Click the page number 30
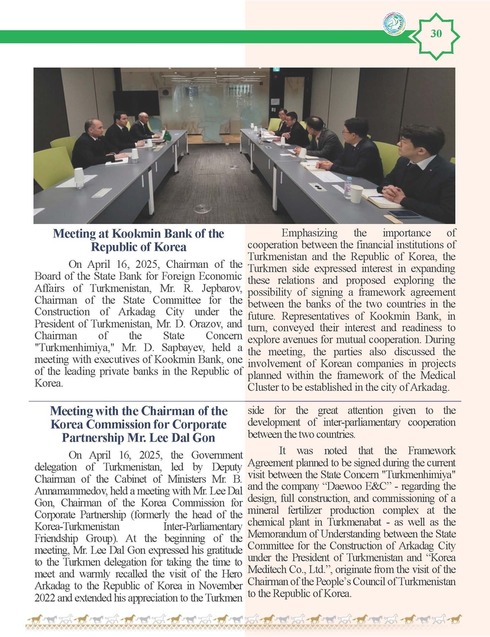tap(435, 33)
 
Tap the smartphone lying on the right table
tap(404, 214)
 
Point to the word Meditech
tap(271, 569)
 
